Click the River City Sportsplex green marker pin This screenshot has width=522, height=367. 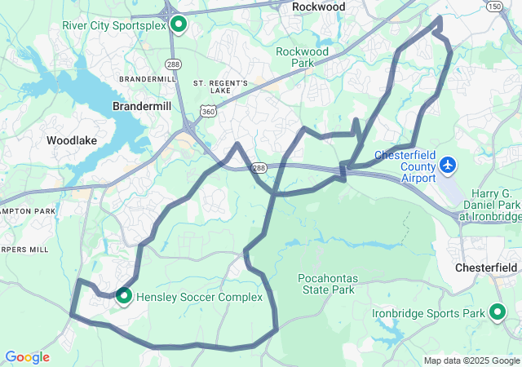[177, 24]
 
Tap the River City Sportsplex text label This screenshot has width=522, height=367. [114, 25]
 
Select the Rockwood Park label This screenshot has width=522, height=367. [302, 57]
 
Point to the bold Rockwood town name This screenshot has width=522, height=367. [318, 7]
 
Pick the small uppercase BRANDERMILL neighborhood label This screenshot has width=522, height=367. [147, 79]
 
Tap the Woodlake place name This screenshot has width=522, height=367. [72, 140]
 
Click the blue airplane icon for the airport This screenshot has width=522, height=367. [447, 166]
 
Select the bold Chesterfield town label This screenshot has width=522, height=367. [486, 268]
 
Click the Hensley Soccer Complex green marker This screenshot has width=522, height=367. [124, 296]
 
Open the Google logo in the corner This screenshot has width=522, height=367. [27, 357]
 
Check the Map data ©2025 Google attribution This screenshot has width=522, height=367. [471, 360]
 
